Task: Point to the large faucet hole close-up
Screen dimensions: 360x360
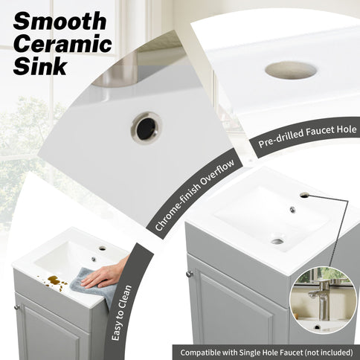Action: click(291, 71)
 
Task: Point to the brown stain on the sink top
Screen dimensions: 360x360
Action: click(55, 280)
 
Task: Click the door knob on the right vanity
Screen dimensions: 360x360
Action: click(189, 274)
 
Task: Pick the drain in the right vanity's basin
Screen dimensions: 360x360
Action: click(277, 240)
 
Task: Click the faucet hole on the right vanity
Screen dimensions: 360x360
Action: click(304, 195)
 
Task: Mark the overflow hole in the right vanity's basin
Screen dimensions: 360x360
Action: click(292, 210)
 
